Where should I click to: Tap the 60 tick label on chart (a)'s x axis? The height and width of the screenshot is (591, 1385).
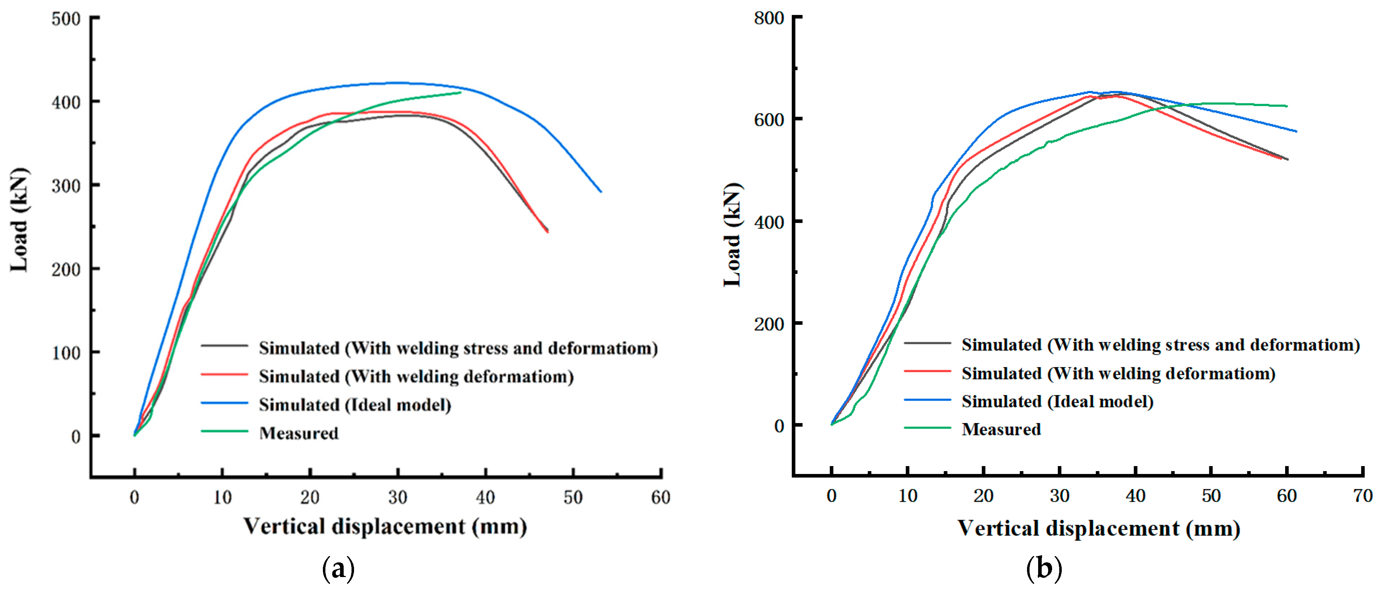click(x=660, y=498)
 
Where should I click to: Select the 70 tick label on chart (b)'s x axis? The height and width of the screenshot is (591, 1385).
click(x=1362, y=496)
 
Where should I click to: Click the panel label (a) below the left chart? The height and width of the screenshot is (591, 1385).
click(x=338, y=568)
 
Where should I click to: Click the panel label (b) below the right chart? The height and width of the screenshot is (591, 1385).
click(x=1043, y=568)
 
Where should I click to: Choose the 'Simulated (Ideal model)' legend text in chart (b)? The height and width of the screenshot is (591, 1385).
click(x=1057, y=401)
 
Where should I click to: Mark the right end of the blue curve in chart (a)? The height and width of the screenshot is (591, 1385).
click(x=601, y=192)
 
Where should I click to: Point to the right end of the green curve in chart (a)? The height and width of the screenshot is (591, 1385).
click(x=460, y=92)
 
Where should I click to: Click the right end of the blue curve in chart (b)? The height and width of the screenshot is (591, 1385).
click(x=1296, y=131)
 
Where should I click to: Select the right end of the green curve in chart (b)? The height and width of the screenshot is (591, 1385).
click(x=1287, y=106)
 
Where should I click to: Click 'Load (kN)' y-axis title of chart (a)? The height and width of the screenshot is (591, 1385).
click(x=19, y=221)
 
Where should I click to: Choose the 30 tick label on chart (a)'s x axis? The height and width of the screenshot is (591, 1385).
click(x=397, y=498)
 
